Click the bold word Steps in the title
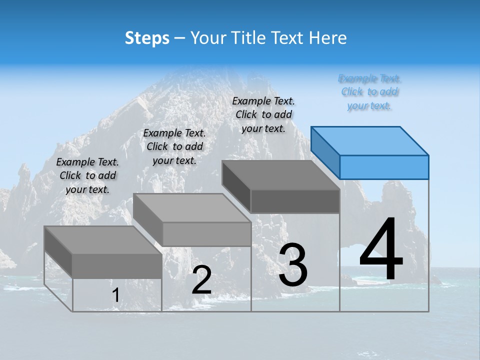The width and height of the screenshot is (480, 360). [x=147, y=38]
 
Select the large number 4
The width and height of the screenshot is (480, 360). [x=381, y=250]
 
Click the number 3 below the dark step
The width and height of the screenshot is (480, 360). [x=293, y=265]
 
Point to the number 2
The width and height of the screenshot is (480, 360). [x=202, y=280]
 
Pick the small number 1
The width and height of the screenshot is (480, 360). [x=115, y=295]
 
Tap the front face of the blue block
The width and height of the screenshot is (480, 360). [x=384, y=167]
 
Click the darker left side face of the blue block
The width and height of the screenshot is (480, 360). [x=325, y=152]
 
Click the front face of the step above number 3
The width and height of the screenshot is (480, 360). [x=295, y=201]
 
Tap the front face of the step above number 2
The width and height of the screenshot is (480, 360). [x=206, y=234]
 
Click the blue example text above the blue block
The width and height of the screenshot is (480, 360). [x=369, y=92]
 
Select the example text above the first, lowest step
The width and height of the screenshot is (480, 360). [x=87, y=175]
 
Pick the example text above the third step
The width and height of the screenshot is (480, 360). [x=263, y=114]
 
